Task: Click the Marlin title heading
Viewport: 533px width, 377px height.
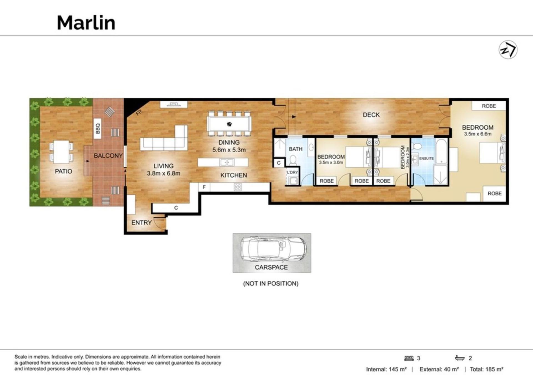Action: pyautogui.click(x=86, y=22)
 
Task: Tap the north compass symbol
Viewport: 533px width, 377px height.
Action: pyautogui.click(x=508, y=50)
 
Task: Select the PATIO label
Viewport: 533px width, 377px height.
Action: pyautogui.click(x=64, y=171)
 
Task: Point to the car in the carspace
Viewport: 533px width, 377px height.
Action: pyautogui.click(x=273, y=249)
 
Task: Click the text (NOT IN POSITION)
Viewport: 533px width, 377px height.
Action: pyautogui.click(x=271, y=283)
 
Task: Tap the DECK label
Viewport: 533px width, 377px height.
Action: pyautogui.click(x=371, y=115)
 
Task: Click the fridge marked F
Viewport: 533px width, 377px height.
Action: pyautogui.click(x=204, y=187)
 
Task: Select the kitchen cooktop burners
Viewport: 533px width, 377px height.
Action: pyautogui.click(x=238, y=187)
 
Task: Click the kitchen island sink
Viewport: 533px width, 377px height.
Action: pyautogui.click(x=227, y=162)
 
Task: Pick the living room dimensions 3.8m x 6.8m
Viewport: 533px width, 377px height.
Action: pyautogui.click(x=164, y=174)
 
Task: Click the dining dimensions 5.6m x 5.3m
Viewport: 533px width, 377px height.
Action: pyautogui.click(x=229, y=150)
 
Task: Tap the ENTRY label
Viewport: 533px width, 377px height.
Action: pyautogui.click(x=142, y=223)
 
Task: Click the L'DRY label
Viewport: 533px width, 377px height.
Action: pyautogui.click(x=292, y=172)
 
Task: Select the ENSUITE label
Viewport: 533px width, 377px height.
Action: pyautogui.click(x=426, y=159)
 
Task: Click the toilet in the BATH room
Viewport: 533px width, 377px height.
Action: pyautogui.click(x=293, y=160)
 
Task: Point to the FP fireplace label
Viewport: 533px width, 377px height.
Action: pyautogui.click(x=139, y=112)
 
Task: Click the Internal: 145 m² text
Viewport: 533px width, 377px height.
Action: pyautogui.click(x=386, y=369)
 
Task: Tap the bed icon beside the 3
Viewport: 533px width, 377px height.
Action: pyautogui.click(x=409, y=358)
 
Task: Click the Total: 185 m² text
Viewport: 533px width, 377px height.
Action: pyautogui.click(x=487, y=369)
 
